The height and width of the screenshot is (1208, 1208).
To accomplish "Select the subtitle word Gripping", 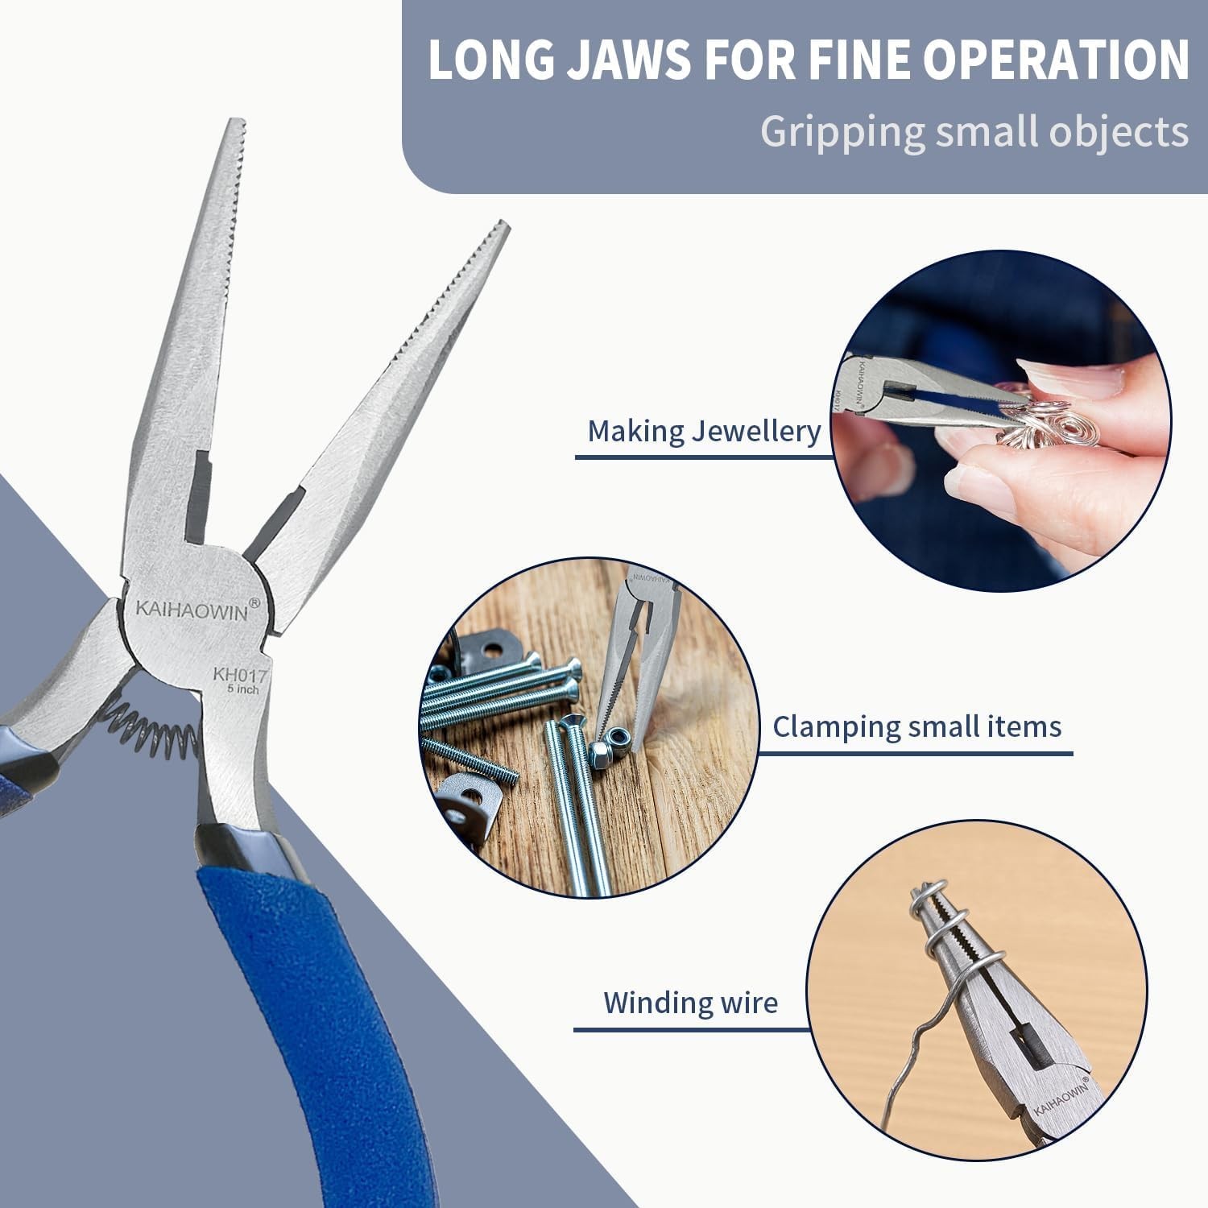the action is pos(842,132).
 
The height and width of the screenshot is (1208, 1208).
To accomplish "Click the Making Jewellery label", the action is pos(704,431).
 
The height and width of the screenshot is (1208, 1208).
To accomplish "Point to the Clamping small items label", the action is pos(917,726).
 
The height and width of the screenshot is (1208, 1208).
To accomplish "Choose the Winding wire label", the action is pos(691,1003).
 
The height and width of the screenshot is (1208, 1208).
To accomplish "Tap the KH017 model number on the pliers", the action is pos(240,674).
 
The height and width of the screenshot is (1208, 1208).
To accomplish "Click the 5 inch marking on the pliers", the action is pos(243,689).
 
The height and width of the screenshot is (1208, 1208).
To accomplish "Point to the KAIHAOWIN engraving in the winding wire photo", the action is pos(1061,1098).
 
